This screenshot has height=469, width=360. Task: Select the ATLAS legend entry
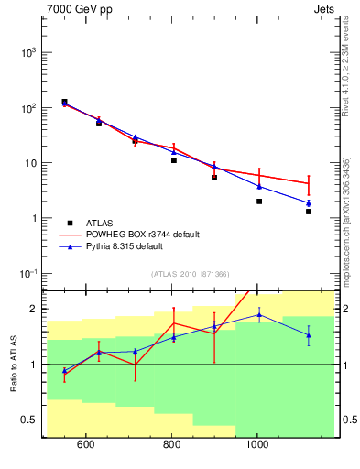98,223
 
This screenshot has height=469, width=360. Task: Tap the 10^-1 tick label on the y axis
25,274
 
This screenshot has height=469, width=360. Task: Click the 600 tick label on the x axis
86,446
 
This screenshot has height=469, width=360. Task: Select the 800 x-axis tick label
172,446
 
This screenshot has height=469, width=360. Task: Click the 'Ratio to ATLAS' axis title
14,365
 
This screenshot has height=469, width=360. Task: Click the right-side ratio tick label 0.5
348,420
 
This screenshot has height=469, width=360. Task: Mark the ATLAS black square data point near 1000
259,202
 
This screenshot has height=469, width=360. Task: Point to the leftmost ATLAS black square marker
64,102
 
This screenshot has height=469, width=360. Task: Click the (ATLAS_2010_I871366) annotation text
190,274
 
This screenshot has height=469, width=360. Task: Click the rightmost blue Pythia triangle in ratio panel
309,335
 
